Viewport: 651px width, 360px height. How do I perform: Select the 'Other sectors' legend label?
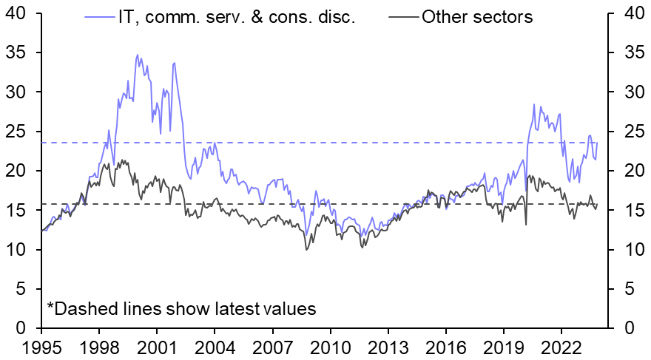476,17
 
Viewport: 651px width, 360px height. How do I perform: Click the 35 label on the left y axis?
16,53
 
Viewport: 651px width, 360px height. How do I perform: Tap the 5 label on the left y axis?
22,289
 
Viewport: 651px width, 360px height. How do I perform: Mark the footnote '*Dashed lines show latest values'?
182,309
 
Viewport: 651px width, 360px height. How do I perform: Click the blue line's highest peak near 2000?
138,55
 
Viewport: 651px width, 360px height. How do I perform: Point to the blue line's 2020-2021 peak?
533,105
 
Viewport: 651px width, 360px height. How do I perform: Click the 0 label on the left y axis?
22,328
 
